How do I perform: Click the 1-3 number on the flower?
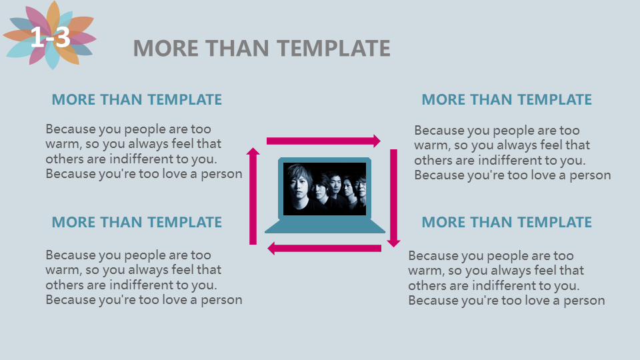point(50,37)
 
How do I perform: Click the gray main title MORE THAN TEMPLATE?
point(261,48)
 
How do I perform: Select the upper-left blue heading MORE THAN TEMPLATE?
point(137,99)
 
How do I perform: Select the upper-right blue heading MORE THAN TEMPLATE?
point(507,99)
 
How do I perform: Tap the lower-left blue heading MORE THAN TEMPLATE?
point(137,223)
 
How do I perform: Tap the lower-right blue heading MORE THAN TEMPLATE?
point(507,223)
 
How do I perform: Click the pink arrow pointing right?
point(324,141)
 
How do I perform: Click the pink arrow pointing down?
point(393,198)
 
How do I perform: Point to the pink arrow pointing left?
point(325,248)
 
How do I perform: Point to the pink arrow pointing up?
point(253,196)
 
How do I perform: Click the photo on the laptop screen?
point(325,189)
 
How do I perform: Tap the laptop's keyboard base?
point(325,226)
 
